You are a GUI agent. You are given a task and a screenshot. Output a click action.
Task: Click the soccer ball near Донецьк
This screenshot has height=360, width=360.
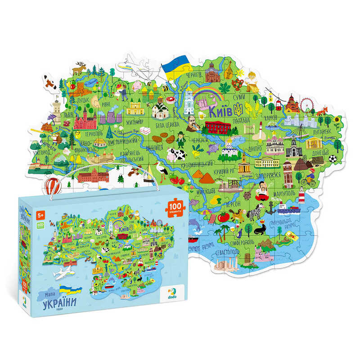[x=333, y=158]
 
